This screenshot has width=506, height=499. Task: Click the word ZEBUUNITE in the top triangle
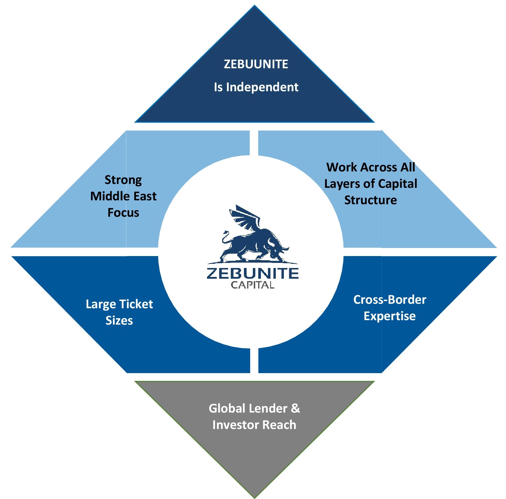(x=256, y=64)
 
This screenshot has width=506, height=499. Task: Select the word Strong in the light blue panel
(x=123, y=180)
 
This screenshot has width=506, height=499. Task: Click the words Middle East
(x=123, y=196)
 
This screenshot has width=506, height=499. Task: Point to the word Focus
(x=123, y=213)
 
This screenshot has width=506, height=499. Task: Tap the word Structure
(x=371, y=200)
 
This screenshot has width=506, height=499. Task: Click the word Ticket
(x=136, y=304)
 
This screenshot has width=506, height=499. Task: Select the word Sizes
(x=119, y=320)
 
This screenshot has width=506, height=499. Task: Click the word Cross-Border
(x=389, y=300)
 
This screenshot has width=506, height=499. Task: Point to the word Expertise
(x=389, y=316)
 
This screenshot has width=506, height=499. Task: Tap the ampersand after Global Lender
(x=295, y=408)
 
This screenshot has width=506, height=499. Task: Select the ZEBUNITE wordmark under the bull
(x=253, y=273)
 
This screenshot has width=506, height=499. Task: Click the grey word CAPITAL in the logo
(x=253, y=285)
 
